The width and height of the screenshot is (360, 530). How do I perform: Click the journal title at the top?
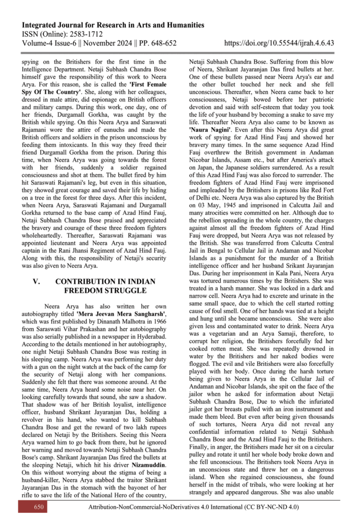[x=112, y=25]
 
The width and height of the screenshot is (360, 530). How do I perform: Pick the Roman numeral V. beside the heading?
[x=37, y=281]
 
